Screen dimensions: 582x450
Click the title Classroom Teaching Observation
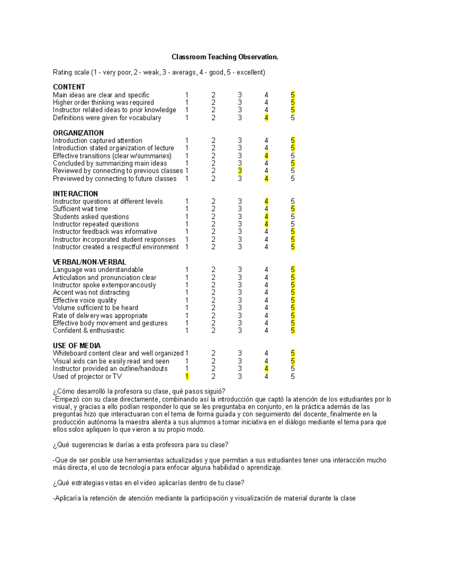[225, 57]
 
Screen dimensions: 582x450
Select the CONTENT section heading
[69, 87]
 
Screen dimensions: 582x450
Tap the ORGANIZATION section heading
[78, 133]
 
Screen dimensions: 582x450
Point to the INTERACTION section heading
[75, 194]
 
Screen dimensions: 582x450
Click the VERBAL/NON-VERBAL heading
[89, 262]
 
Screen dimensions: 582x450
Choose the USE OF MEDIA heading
[76, 346]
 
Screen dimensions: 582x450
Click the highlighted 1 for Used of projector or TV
[187, 376]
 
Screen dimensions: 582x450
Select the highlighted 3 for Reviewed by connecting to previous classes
[240, 171]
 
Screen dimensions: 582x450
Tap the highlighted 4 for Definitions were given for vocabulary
[266, 118]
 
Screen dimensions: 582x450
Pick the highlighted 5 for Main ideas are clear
[292, 95]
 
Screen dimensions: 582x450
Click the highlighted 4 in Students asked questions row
[266, 217]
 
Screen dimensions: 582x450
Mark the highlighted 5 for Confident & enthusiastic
[292, 331]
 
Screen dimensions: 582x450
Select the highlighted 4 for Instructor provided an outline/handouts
[266, 369]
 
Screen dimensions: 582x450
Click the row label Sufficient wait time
[80, 209]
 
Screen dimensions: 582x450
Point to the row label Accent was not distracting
[91, 292]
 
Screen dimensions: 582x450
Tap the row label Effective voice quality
[85, 300]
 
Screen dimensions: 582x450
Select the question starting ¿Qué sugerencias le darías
[141, 445]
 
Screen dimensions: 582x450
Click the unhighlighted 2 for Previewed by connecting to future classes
[213, 179]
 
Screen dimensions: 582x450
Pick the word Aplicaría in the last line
[67, 498]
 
